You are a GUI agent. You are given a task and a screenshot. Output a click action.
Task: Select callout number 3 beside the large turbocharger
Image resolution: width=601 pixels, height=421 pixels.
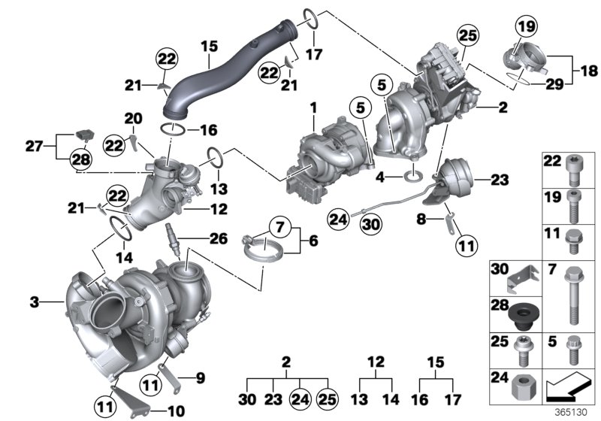pyautogui.click(x=34, y=302)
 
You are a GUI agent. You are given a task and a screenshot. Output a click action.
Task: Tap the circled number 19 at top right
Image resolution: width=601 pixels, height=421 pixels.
pyautogui.click(x=524, y=27)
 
